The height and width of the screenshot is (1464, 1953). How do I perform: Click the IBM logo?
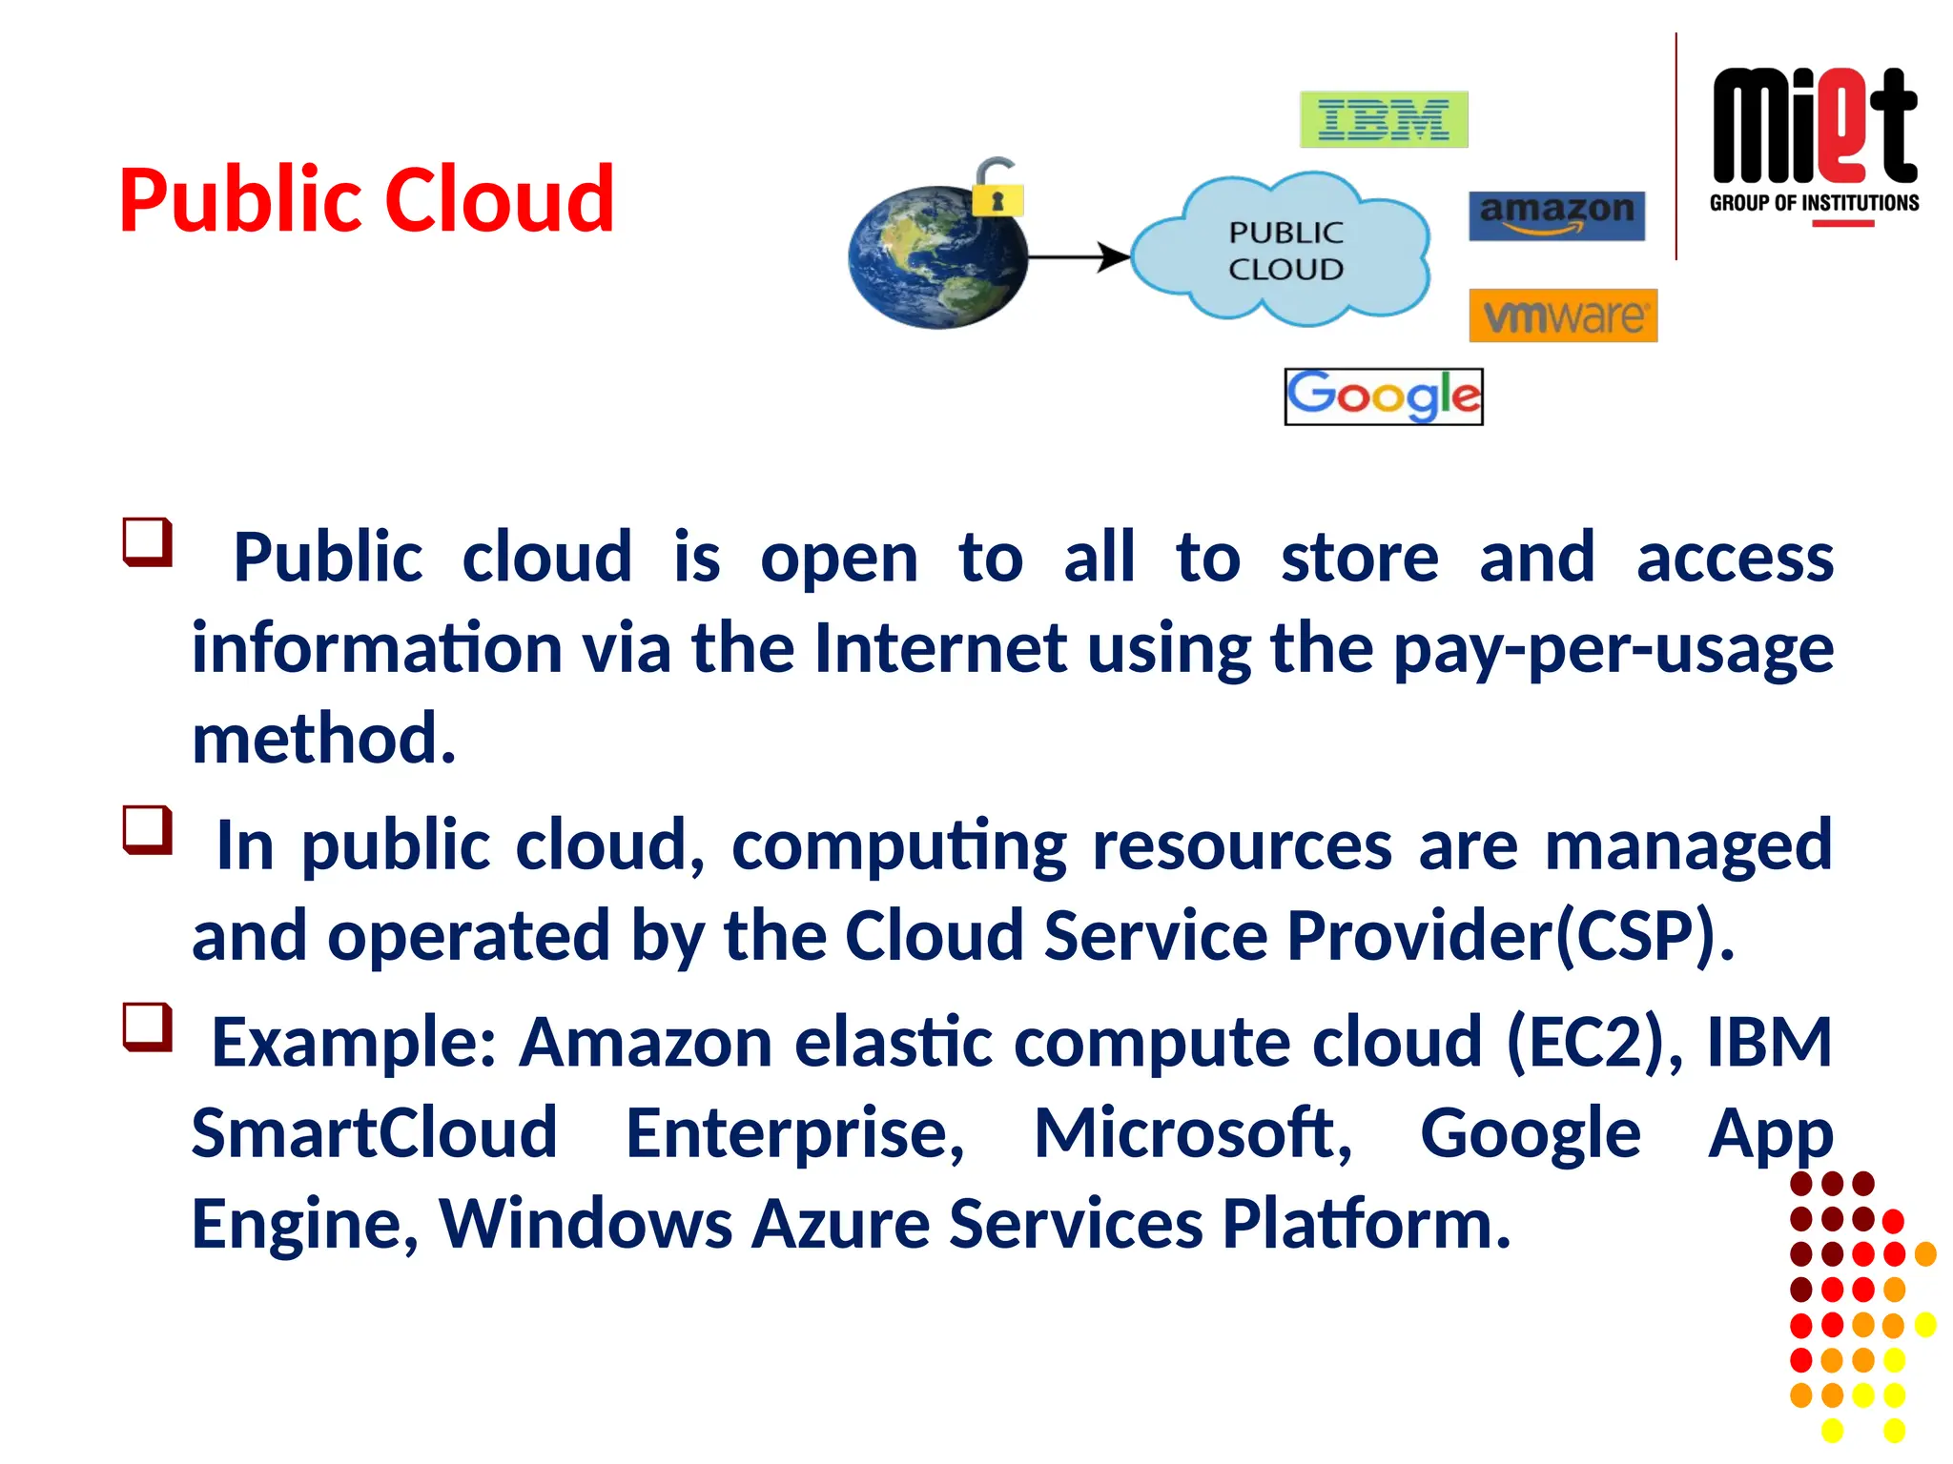pyautogui.click(x=1383, y=119)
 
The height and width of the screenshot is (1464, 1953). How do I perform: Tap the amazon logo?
pyautogui.click(x=1556, y=215)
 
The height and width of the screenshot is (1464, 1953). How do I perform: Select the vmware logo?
pyautogui.click(x=1563, y=315)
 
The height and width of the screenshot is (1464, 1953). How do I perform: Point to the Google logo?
pyautogui.click(x=1383, y=396)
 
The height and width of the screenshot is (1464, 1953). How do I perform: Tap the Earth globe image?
pyautogui.click(x=936, y=258)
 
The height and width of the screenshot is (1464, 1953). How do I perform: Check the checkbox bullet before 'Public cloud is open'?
pyautogui.click(x=148, y=541)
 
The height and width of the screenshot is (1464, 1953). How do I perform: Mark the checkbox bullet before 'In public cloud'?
pyautogui.click(x=148, y=829)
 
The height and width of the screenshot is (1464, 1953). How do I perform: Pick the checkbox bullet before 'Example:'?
pyautogui.click(x=148, y=1027)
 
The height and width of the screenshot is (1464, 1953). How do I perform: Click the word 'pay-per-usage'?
pyautogui.click(x=1613, y=649)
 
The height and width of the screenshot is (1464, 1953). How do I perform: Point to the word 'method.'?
pyautogui.click(x=324, y=739)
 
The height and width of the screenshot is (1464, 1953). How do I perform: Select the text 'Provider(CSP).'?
pyautogui.click(x=1510, y=935)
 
